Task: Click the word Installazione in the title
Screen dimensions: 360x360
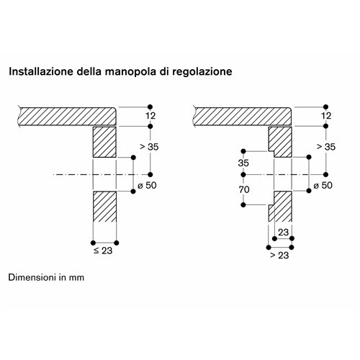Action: (x=41, y=71)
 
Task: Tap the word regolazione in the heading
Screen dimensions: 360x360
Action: (x=202, y=72)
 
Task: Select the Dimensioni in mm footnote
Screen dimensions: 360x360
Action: (x=46, y=277)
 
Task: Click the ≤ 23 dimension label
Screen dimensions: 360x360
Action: (x=103, y=251)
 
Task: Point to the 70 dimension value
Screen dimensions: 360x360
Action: (x=244, y=190)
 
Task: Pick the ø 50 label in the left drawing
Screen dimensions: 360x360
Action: (x=147, y=185)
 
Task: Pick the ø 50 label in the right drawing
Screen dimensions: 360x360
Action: (x=323, y=185)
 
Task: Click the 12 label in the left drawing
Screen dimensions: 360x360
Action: (x=150, y=116)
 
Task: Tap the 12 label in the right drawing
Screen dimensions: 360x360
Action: (x=326, y=116)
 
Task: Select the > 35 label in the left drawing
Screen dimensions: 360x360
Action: (x=149, y=147)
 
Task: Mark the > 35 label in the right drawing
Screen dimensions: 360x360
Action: (x=326, y=147)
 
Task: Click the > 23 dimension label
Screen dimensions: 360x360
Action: (x=279, y=255)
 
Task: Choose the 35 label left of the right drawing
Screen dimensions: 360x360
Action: (x=243, y=163)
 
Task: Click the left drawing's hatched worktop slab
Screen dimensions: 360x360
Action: (x=67, y=117)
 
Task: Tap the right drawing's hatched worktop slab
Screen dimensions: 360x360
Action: (x=243, y=117)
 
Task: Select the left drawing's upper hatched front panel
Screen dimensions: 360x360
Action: (x=104, y=142)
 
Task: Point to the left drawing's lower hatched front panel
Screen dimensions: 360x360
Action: (x=104, y=207)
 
